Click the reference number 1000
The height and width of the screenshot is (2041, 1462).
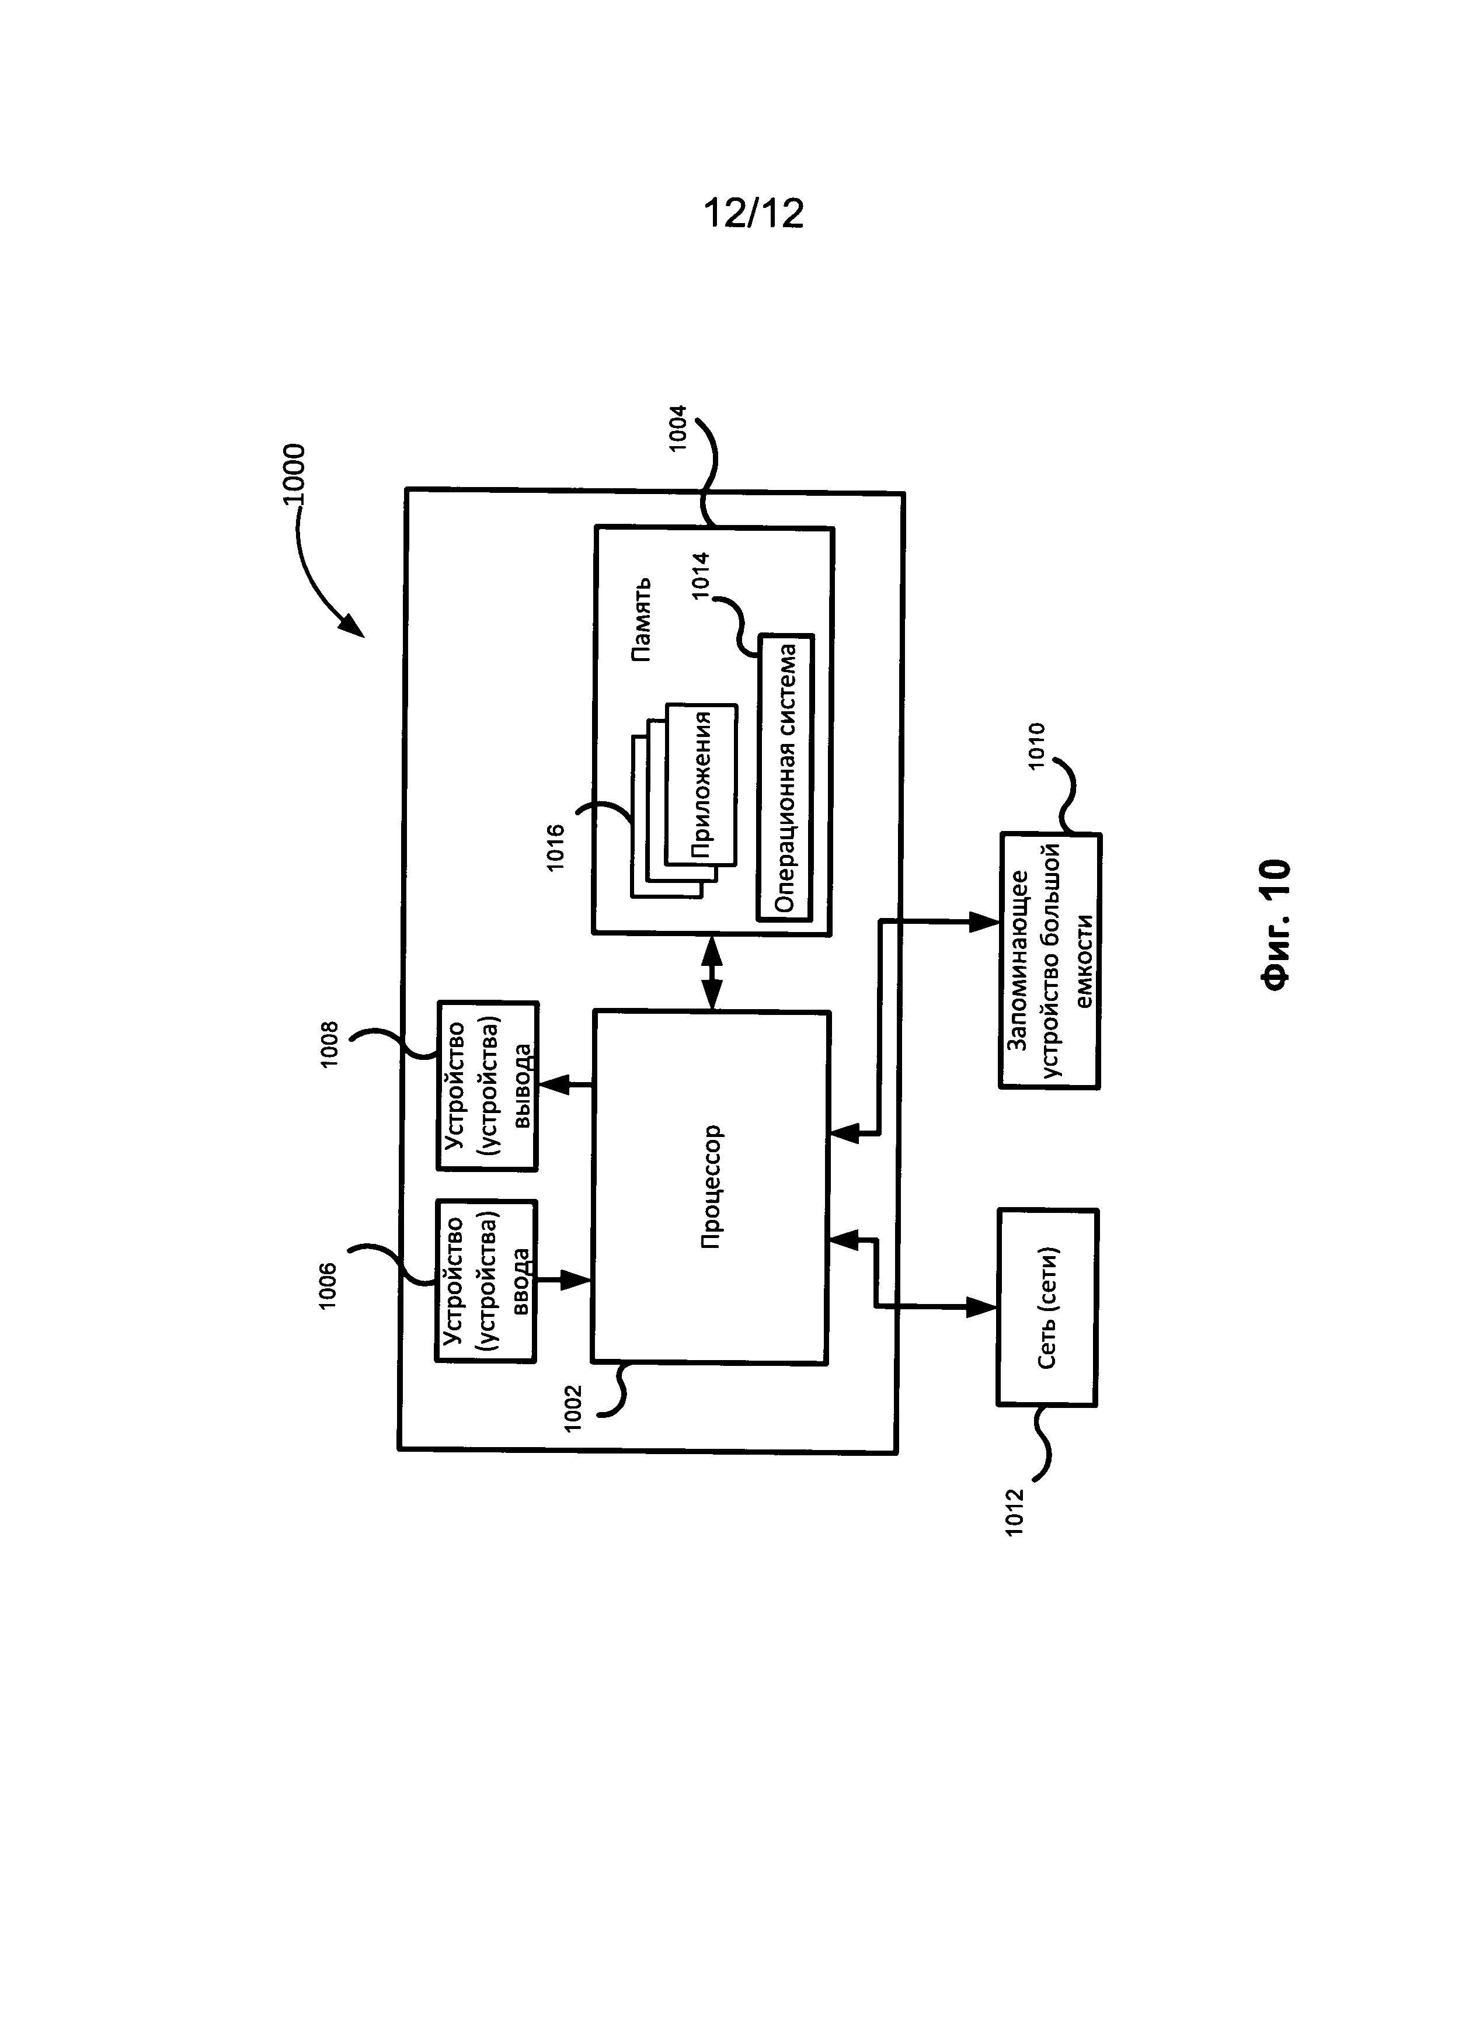(293, 477)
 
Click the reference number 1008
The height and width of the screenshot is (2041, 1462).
(329, 1045)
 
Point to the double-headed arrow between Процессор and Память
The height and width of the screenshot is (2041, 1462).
(712, 973)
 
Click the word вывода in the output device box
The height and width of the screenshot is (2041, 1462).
(520, 1085)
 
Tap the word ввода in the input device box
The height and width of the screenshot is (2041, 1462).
(520, 1281)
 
